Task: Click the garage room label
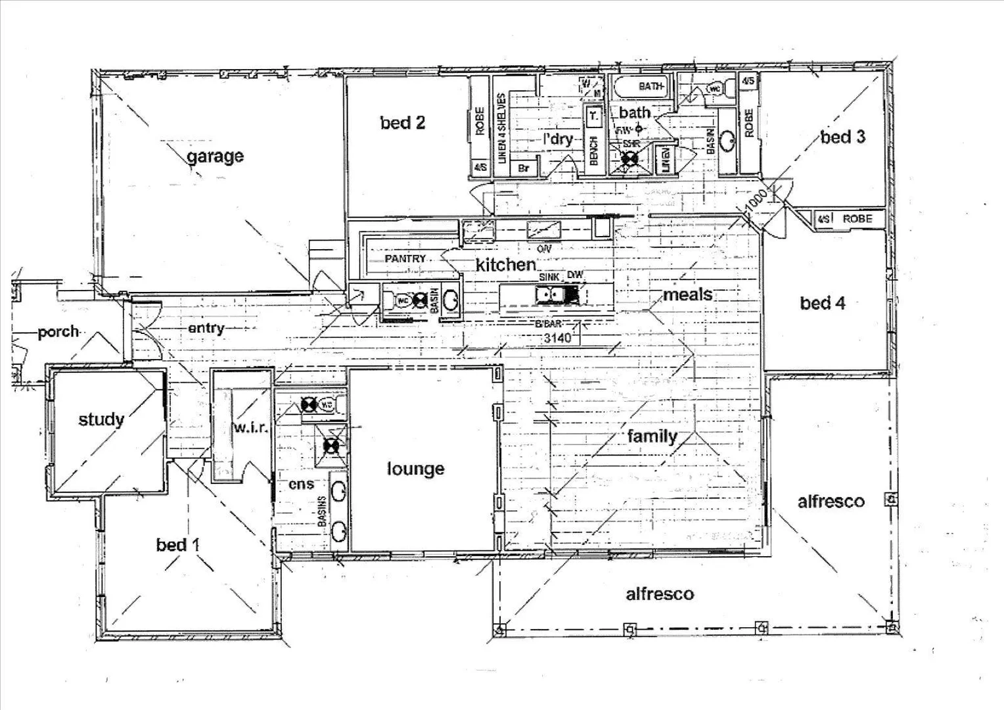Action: point(215,156)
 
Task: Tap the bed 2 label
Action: point(402,122)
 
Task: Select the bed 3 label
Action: point(843,137)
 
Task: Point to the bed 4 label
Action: point(823,303)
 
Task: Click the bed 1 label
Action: point(178,544)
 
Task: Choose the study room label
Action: point(101,419)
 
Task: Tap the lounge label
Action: point(415,469)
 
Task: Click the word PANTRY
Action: point(405,259)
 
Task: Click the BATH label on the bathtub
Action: point(650,86)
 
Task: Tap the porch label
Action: point(58,332)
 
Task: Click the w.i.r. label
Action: point(250,428)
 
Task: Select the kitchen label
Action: point(505,264)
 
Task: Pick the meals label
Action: point(687,295)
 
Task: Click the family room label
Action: point(652,436)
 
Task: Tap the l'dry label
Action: point(558,139)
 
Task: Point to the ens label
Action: point(302,485)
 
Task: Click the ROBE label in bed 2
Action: point(480,121)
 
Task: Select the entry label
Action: point(206,327)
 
